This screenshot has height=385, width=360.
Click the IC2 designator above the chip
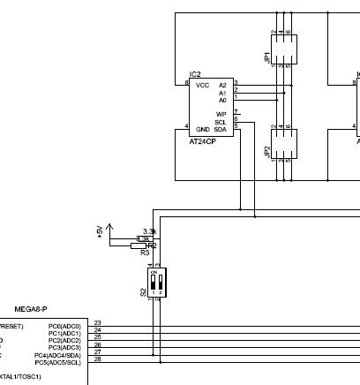[195, 75]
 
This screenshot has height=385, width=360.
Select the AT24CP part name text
[203, 140]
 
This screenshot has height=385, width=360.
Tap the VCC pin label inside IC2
[202, 85]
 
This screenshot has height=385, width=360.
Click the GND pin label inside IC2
[202, 130]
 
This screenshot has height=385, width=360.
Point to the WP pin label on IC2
[221, 114]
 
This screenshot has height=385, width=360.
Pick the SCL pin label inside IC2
[221, 122]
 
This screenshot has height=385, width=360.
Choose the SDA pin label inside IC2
[221, 130]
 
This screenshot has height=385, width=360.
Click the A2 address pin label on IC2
[222, 85]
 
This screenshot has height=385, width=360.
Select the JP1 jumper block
[282, 47]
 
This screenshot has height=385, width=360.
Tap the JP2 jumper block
[282, 142]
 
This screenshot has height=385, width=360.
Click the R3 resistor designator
[144, 253]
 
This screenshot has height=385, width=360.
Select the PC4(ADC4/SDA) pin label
[59, 355]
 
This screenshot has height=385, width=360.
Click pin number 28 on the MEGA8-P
[97, 359]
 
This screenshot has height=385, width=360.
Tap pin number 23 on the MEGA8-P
[97, 323]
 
